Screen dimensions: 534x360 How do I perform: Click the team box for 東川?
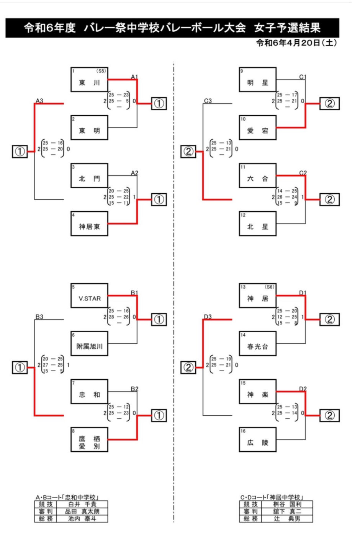[x=89, y=80]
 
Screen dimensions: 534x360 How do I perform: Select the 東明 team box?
[x=89, y=127]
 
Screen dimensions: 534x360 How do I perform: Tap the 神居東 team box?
[x=89, y=224]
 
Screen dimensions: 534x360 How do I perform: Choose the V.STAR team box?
[x=89, y=296]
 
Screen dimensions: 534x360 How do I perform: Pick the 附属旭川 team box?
[x=89, y=343]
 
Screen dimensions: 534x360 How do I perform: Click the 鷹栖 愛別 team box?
[x=89, y=439]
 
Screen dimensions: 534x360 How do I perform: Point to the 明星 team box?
[x=257, y=80]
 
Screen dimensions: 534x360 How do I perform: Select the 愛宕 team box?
[x=257, y=127]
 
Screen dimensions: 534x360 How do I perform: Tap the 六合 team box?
[x=257, y=176]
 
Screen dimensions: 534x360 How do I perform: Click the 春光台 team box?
[x=257, y=343]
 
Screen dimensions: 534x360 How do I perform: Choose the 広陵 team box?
[x=257, y=439]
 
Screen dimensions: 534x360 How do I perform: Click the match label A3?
[x=39, y=101]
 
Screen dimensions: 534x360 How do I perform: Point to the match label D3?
[x=208, y=317]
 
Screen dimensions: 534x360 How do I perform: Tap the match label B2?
[x=134, y=389]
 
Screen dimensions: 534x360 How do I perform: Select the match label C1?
[x=303, y=77]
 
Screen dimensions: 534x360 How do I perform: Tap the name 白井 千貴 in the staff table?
[x=82, y=505]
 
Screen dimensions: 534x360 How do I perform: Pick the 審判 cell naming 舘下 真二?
[x=287, y=511]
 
